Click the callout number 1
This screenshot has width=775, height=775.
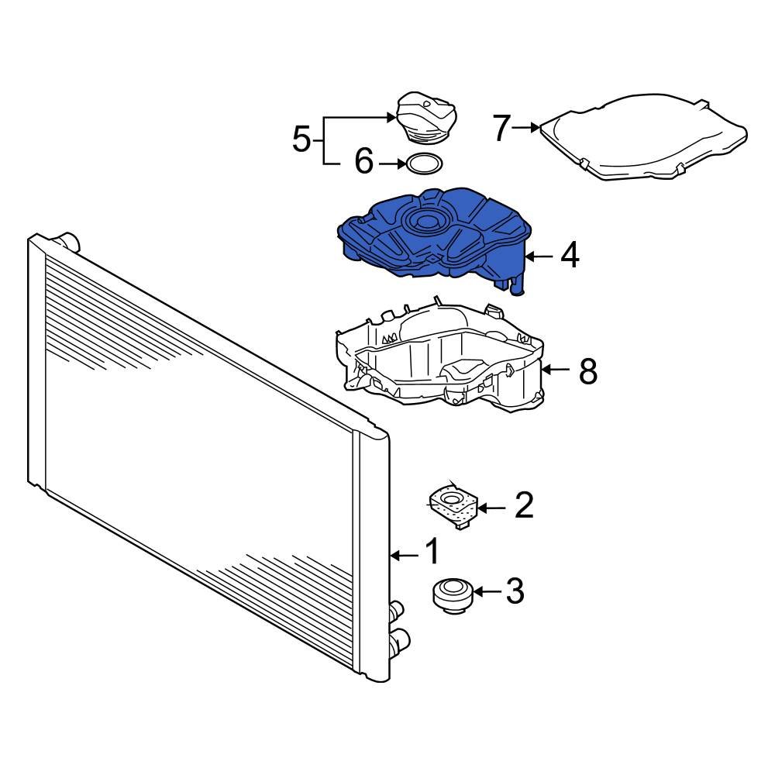coord(432,553)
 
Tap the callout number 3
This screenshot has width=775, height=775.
coord(515,591)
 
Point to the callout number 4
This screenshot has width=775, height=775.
coord(570,255)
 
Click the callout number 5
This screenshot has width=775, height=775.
coord(302,140)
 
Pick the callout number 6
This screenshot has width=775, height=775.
coord(364,163)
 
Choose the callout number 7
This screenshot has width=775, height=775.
coord(502,128)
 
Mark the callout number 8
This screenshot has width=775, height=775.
coord(588,371)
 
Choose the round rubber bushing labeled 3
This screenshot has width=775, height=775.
coord(451,594)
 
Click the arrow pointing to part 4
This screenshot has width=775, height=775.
coord(539,255)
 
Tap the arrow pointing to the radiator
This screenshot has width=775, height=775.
coord(403,554)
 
